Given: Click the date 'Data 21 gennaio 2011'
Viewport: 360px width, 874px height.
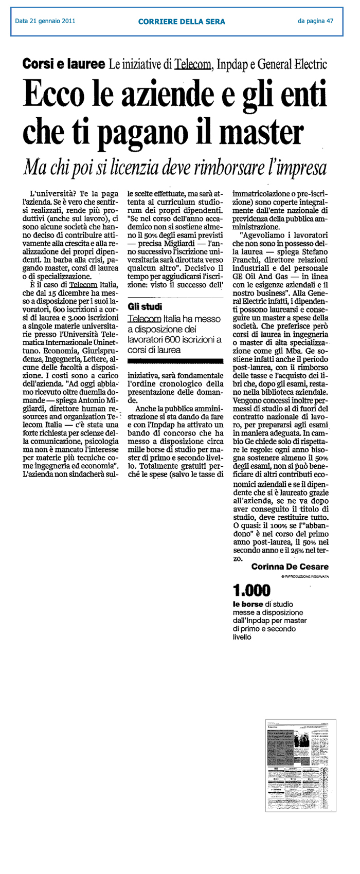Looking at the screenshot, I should tap(45, 22).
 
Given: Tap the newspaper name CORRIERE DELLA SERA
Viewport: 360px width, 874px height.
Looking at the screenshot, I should tap(181, 22).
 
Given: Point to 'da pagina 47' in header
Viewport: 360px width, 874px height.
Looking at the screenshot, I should tap(315, 22).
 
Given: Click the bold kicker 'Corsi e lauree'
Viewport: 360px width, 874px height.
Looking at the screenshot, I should tap(63, 64).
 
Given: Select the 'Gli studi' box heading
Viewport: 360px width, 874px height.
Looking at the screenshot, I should tap(145, 307).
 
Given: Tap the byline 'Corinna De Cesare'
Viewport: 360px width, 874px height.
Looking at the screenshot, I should tap(290, 567).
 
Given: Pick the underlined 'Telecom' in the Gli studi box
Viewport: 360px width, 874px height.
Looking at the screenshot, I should tap(145, 319).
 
